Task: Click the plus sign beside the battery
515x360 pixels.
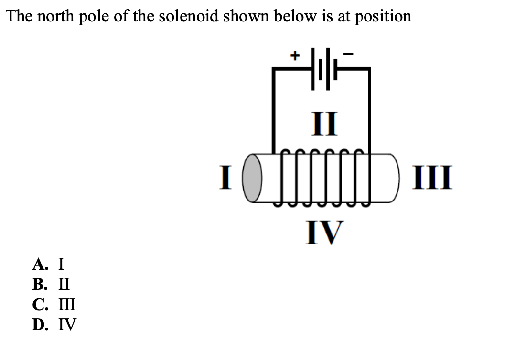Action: [295, 55]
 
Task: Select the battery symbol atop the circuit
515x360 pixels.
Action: [323, 70]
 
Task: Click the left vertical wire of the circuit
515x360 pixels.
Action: [273, 110]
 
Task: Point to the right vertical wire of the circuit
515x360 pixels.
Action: [369, 110]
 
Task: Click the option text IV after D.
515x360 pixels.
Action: [67, 325]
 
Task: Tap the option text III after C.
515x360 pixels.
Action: [67, 304]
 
